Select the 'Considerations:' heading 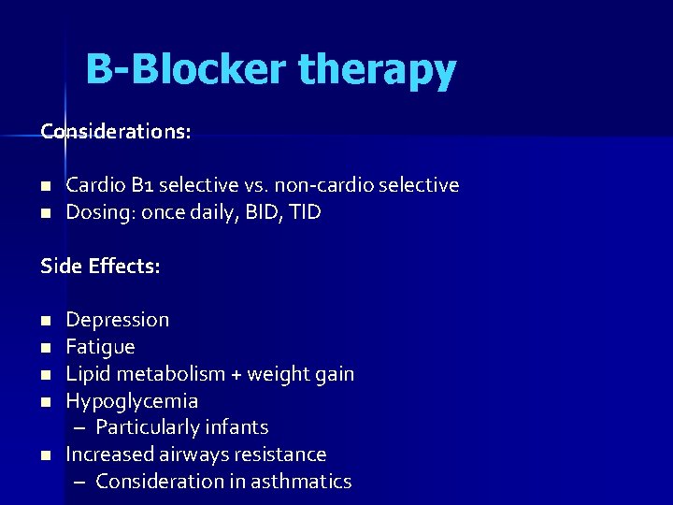coord(116,132)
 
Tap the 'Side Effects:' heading coord(100,267)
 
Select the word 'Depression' coord(117,320)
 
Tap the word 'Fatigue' coord(100,347)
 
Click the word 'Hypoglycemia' coord(132,401)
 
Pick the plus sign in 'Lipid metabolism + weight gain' coord(236,374)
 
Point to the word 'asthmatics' coord(304,482)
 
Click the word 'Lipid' coord(85,374)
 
